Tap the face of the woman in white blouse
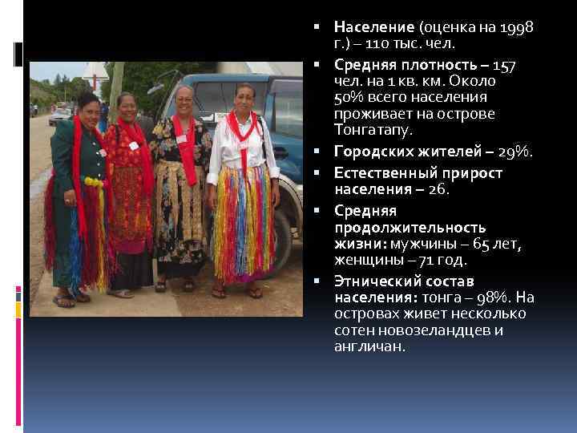[x=244, y=99]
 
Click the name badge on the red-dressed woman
[x=133, y=145]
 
